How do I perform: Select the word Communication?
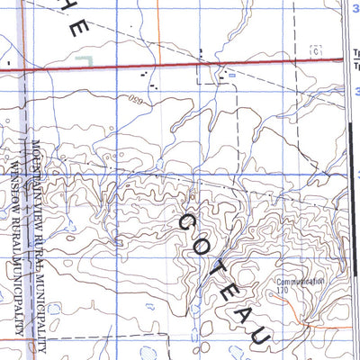point(301,281)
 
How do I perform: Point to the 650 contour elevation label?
point(136,97)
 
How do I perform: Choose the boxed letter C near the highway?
point(315,50)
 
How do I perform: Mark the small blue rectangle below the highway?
point(231,76)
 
